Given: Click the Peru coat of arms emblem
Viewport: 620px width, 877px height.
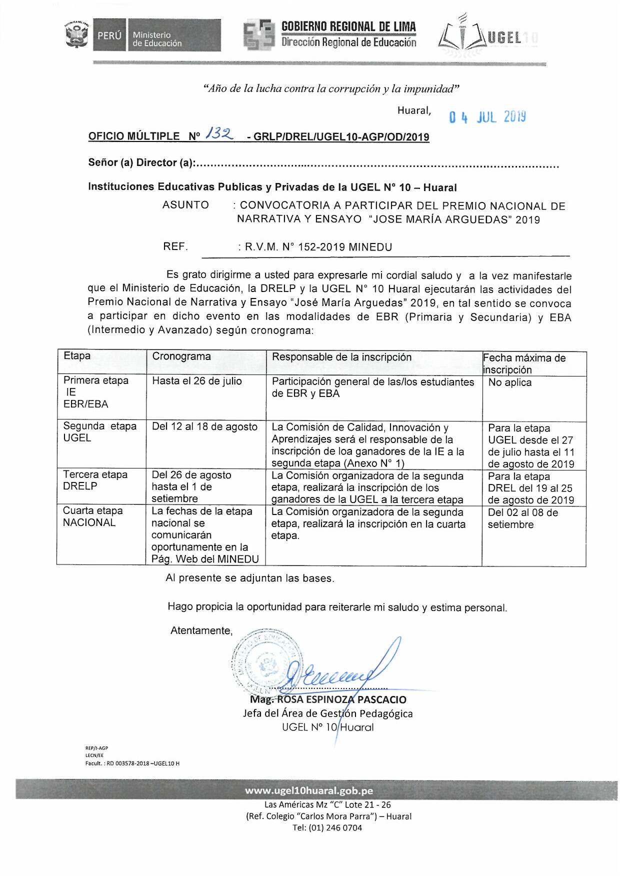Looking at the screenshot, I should click(76, 34).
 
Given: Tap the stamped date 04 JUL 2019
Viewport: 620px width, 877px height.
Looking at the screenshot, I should click(487, 117).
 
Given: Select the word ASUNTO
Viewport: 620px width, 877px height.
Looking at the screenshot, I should click(185, 205).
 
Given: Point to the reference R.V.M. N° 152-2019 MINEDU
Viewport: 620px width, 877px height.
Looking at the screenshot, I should click(318, 247).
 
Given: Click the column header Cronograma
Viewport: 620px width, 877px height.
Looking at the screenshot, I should click(181, 356).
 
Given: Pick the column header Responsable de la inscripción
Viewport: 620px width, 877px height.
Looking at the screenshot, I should click(341, 357).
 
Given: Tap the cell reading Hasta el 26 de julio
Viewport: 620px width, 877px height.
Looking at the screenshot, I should click(197, 381).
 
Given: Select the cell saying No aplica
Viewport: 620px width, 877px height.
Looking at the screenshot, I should click(509, 382).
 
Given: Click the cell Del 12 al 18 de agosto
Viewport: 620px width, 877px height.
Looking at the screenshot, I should click(204, 427).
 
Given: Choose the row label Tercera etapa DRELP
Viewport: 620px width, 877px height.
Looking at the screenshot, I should click(95, 480).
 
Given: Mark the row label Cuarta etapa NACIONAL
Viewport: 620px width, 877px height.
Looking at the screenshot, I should click(92, 516).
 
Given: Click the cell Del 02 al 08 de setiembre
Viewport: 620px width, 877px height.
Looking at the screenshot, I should click(522, 518).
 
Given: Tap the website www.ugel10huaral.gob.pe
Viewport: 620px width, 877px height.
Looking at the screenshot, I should click(308, 790).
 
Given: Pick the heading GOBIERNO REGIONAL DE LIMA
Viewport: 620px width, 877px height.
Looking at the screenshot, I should click(348, 26).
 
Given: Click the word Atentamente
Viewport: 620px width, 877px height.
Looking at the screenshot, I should click(201, 630).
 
